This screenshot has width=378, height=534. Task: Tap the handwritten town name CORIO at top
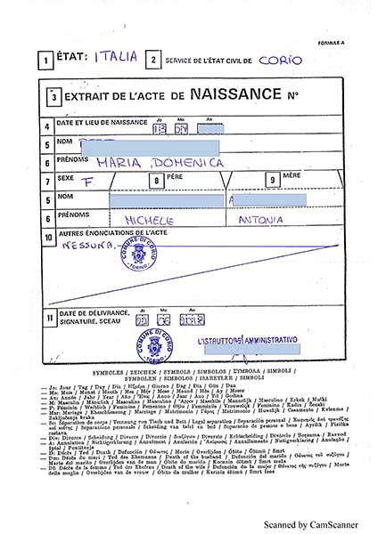point(280,60)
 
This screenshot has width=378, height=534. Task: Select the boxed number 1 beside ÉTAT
point(45,61)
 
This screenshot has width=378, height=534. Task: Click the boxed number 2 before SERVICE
point(154,61)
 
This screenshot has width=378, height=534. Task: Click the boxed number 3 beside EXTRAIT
point(55,95)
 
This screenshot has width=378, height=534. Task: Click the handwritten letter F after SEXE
point(88,181)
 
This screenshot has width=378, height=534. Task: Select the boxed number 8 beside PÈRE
point(156,182)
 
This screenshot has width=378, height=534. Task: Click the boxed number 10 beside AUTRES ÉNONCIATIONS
point(47,238)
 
